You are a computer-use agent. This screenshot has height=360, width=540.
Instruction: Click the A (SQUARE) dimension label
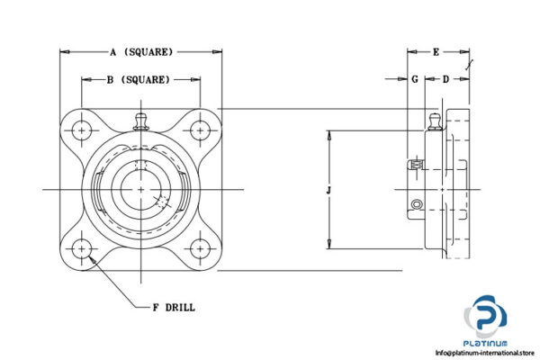pyautogui.click(x=141, y=52)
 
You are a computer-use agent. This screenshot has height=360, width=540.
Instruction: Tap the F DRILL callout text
pyautogui.click(x=174, y=308)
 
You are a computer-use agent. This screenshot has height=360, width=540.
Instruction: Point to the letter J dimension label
pyautogui.click(x=330, y=190)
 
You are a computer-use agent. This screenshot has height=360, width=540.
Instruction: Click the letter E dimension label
pyautogui.click(x=436, y=52)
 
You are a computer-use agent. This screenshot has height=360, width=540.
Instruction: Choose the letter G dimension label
pyautogui.click(x=414, y=79)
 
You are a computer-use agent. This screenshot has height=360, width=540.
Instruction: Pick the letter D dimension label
pyautogui.click(x=445, y=79)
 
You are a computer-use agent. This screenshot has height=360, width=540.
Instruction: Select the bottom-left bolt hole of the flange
pyautogui.click(x=83, y=247)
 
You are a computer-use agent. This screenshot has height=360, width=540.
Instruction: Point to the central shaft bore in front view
pyautogui.click(x=141, y=189)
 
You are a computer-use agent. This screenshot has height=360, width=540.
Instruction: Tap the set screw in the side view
pyautogui.click(x=416, y=165)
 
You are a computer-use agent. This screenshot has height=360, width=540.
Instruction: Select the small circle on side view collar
pyautogui.click(x=416, y=206)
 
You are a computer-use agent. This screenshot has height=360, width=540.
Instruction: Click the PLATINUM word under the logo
pyautogui.click(x=486, y=343)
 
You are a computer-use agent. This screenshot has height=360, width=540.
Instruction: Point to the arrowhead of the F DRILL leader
pyautogui.click(x=90, y=256)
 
